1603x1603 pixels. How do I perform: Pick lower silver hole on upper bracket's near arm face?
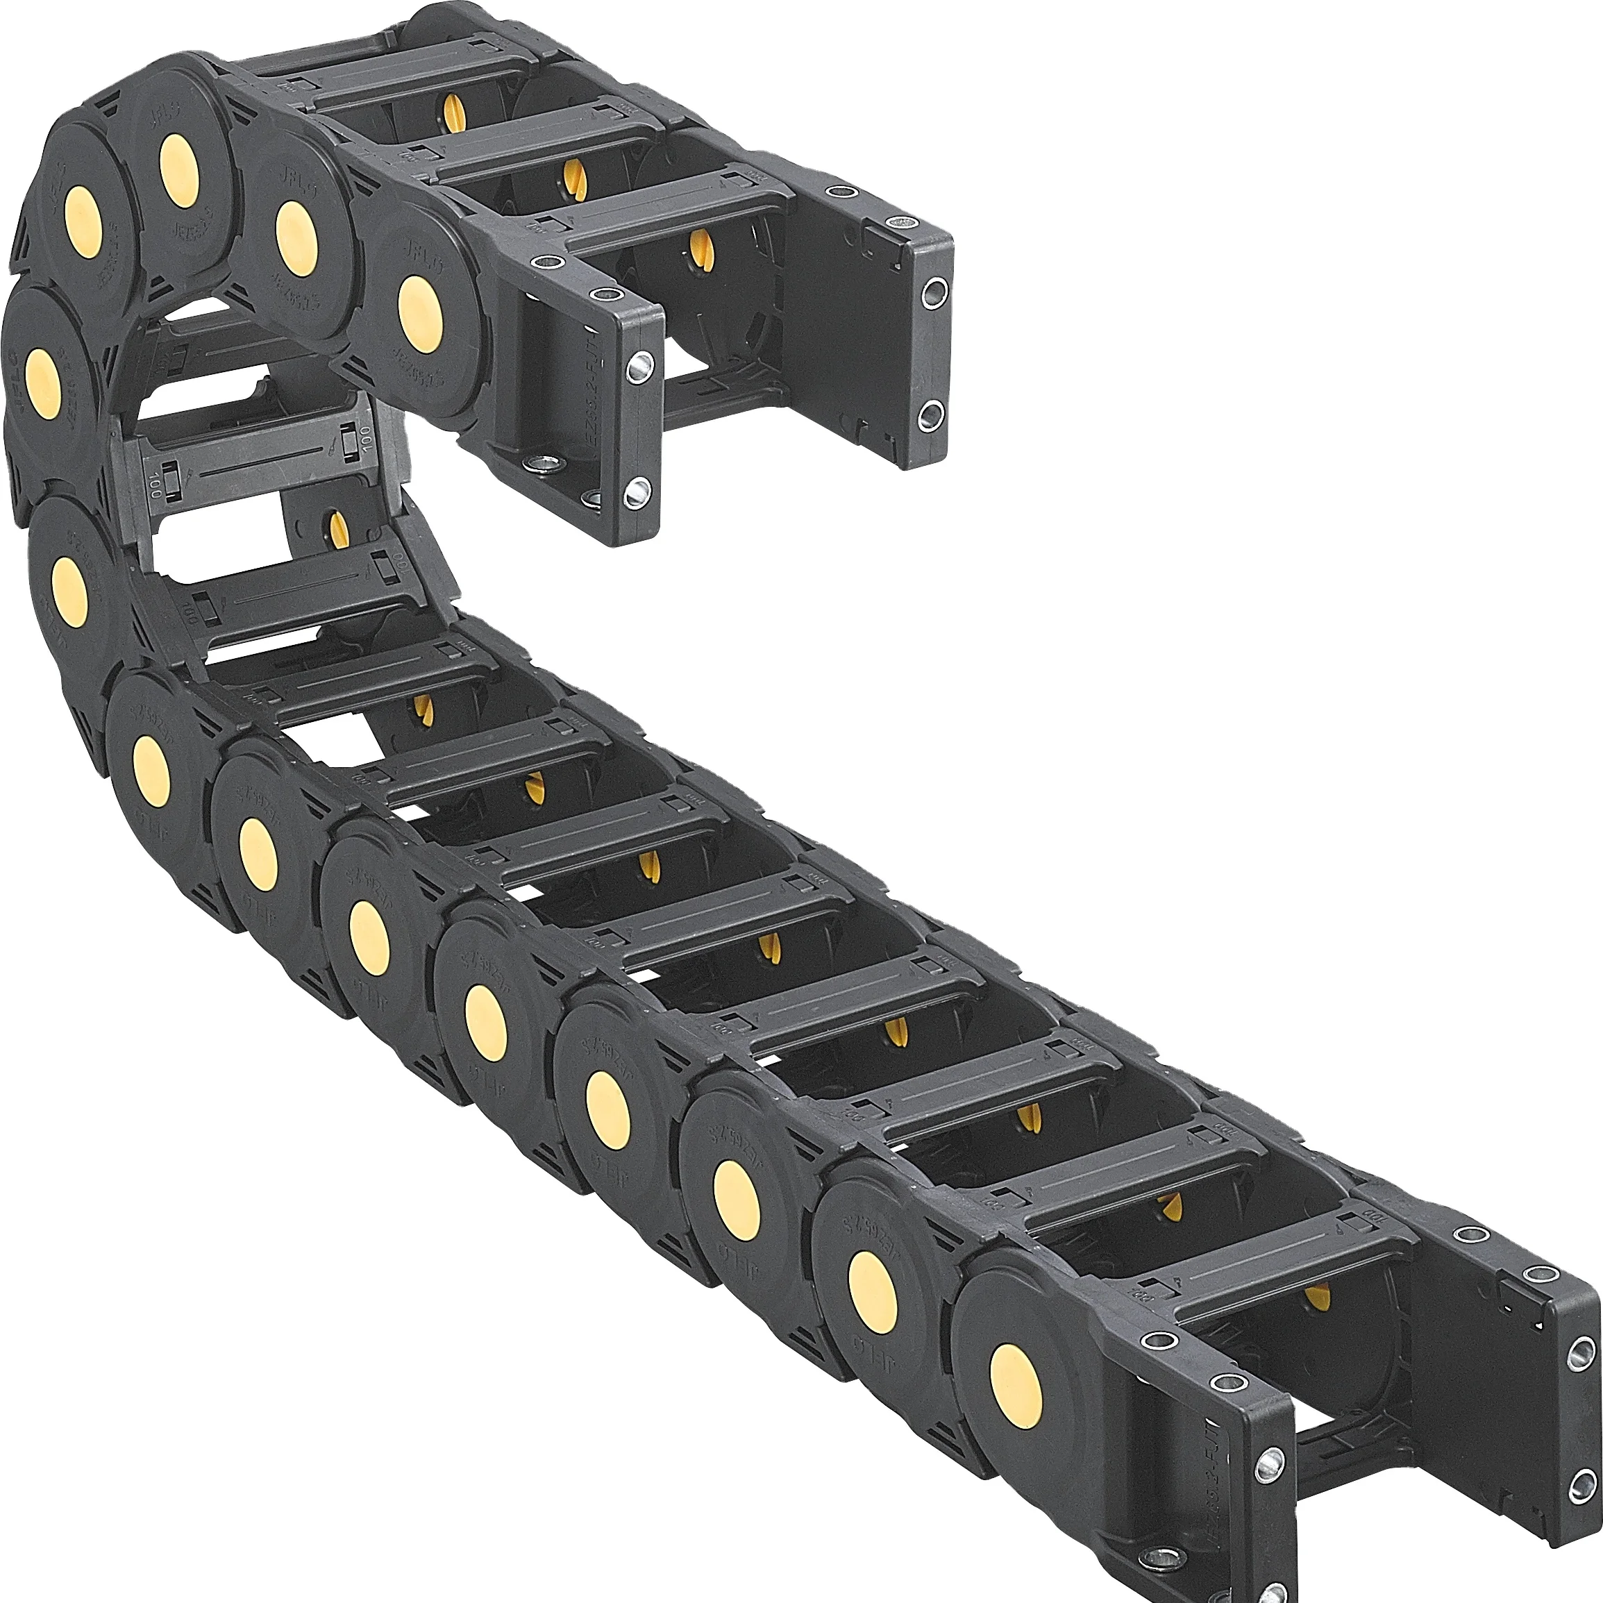pos(637,492)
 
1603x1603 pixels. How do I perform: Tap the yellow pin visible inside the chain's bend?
pos(339,529)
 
